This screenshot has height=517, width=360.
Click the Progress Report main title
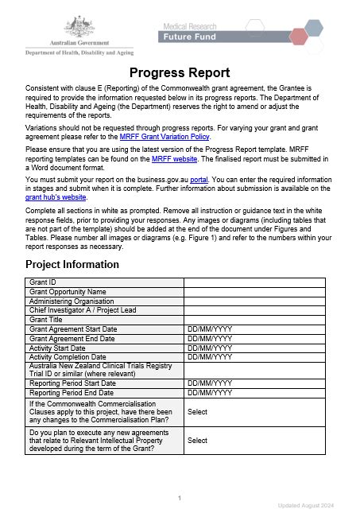(x=180, y=73)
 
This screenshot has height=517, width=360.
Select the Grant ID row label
(x=43, y=282)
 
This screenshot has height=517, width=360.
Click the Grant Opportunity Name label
(x=68, y=292)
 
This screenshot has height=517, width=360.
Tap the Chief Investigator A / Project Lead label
(x=83, y=310)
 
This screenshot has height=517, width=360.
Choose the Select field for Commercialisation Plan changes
(x=197, y=412)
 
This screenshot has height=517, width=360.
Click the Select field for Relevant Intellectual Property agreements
(x=197, y=440)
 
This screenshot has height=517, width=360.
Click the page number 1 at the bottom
(x=180, y=498)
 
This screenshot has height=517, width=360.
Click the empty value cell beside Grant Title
(x=254, y=320)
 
